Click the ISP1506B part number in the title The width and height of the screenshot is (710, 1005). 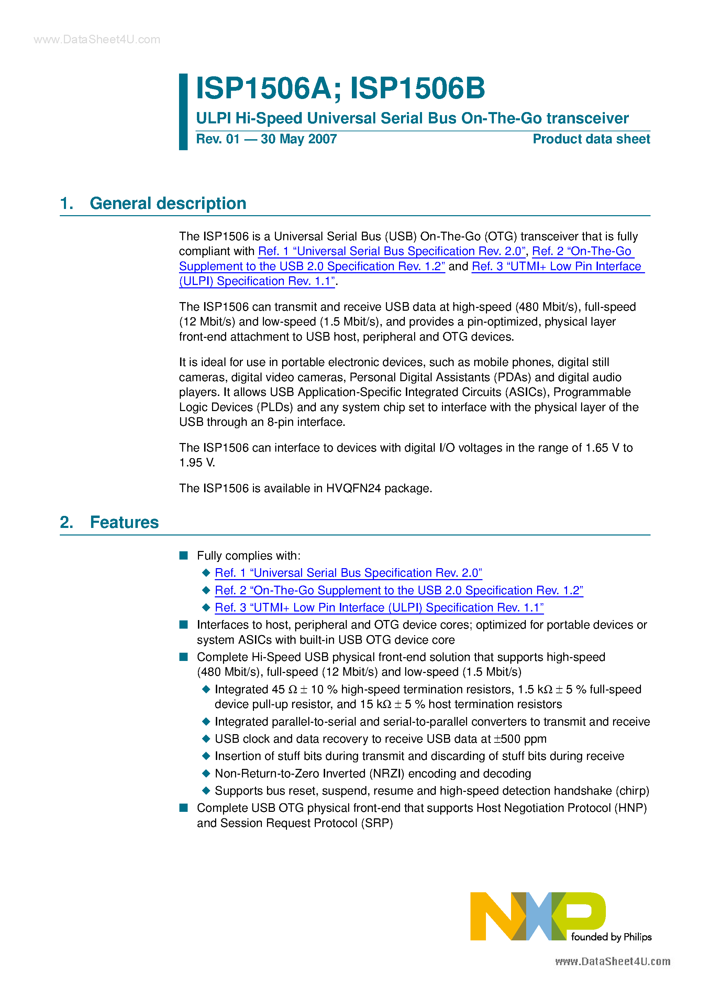point(418,88)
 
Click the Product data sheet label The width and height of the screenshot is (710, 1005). point(591,139)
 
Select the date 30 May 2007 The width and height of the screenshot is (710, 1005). point(299,139)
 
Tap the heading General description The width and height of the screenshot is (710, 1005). point(168,203)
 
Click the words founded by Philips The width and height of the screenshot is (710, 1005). point(611,937)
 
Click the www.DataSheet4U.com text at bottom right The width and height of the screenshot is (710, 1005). point(612,961)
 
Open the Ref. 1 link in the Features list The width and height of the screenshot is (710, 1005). point(348,573)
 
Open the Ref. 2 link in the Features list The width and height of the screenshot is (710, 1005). point(398,590)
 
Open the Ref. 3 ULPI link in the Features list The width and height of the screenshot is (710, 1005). point(379,608)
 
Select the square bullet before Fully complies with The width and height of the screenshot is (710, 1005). point(184,556)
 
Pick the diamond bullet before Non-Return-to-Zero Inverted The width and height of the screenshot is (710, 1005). point(206,773)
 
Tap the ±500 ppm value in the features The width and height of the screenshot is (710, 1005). point(520,739)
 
